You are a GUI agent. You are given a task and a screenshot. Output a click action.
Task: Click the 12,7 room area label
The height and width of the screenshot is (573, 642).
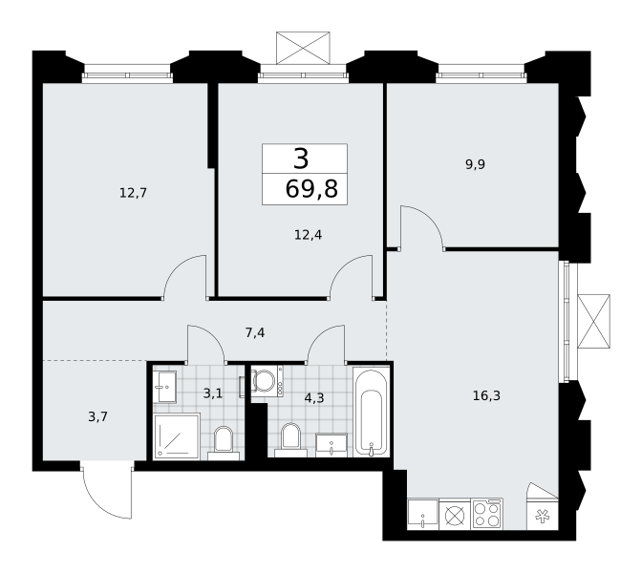click(x=133, y=192)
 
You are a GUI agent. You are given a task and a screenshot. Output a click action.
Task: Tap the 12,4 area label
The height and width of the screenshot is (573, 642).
click(x=308, y=235)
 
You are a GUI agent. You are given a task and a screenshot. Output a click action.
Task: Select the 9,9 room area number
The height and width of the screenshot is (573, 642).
click(x=475, y=164)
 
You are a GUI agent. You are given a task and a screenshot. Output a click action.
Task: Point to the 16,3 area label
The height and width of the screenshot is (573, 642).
click(x=486, y=395)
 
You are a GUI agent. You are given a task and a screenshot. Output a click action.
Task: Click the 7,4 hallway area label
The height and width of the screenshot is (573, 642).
click(x=255, y=332)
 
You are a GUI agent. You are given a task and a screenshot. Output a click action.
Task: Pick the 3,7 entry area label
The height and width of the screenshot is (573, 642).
click(x=97, y=416)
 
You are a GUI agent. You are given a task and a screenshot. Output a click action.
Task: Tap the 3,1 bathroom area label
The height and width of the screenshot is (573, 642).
click(x=213, y=393)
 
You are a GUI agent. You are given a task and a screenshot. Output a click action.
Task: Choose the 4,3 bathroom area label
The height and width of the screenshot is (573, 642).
click(x=314, y=397)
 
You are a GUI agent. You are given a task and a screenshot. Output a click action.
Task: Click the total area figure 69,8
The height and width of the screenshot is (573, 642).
click(x=311, y=189)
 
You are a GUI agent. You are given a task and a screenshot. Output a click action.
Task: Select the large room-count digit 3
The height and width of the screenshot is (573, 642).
click(x=301, y=159)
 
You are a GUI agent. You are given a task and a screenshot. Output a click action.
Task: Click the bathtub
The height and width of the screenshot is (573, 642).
click(x=371, y=412)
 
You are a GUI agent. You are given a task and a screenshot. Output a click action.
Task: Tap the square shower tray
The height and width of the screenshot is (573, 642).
click(x=177, y=436)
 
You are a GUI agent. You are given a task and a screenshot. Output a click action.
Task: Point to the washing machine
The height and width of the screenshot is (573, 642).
click(x=267, y=381)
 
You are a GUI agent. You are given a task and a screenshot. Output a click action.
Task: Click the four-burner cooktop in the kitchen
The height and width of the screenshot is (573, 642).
click(x=487, y=514)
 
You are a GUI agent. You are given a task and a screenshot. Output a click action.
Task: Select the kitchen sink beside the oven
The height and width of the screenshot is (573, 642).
click(x=422, y=514)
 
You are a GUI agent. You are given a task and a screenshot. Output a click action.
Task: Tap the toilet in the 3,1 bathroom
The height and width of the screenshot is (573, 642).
click(x=224, y=443)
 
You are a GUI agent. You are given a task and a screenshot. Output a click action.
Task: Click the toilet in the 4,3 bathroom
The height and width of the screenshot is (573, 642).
click(x=290, y=440)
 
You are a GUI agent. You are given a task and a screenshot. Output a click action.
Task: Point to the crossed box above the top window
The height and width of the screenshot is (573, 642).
click(x=303, y=48)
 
